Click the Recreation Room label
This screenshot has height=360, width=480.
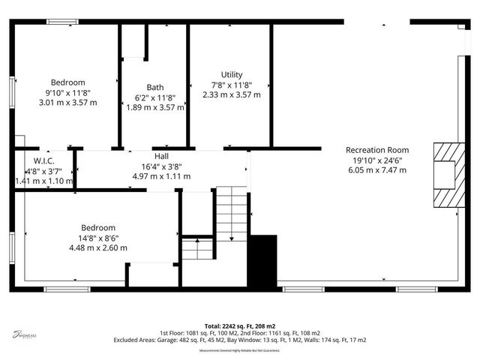coord(377,150)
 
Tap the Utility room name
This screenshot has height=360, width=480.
coord(232,74)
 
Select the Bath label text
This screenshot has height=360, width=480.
coord(155,87)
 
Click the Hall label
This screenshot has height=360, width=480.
coord(161,156)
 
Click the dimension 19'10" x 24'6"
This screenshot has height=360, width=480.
coord(377,160)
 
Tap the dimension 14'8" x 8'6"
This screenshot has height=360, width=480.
coord(98,238)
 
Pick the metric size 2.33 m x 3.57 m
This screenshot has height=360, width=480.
coord(232,94)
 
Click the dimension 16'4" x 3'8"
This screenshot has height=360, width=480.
coord(161,166)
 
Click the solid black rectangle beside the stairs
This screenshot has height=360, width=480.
coord(262,259)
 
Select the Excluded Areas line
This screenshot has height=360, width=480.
coord(240,340)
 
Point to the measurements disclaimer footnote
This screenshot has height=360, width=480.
coord(240,350)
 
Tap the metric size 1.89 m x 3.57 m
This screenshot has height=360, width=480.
coord(155,107)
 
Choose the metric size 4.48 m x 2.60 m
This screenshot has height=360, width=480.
coord(98,247)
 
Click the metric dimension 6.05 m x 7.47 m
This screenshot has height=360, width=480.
coord(377,170)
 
